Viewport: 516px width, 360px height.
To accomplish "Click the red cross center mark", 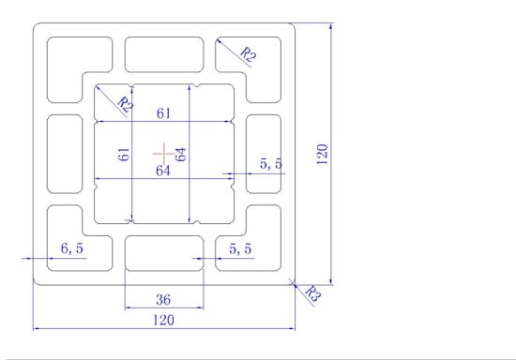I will point(164,151).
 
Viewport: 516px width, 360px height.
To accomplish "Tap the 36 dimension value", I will point(163,300).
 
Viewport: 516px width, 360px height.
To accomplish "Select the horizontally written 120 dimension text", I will point(163,320).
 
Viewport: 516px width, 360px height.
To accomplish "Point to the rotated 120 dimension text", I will point(321,154).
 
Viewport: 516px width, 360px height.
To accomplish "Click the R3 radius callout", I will point(313,294).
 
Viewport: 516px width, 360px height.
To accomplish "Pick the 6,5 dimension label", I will point(72,248).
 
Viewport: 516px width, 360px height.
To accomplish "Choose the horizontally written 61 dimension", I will point(164,113).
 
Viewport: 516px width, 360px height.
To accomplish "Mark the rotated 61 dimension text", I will point(123,155).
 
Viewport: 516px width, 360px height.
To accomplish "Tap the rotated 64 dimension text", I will point(181,153).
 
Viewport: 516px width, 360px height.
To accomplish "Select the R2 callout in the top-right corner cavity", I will point(248,54).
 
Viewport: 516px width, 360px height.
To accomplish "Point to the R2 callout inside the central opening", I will point(125,105).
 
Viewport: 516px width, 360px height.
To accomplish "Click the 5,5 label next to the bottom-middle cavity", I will point(240,248).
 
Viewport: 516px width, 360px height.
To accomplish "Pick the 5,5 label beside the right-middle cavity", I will point(271,165).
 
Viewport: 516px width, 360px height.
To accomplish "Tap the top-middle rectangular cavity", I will point(164,54).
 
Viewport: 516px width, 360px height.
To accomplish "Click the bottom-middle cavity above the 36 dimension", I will point(164,252).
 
